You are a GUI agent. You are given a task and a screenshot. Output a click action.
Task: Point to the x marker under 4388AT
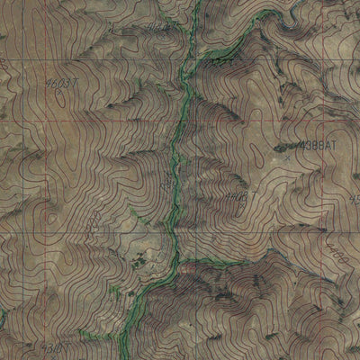287,157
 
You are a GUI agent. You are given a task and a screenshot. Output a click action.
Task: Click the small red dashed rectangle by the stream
186,267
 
